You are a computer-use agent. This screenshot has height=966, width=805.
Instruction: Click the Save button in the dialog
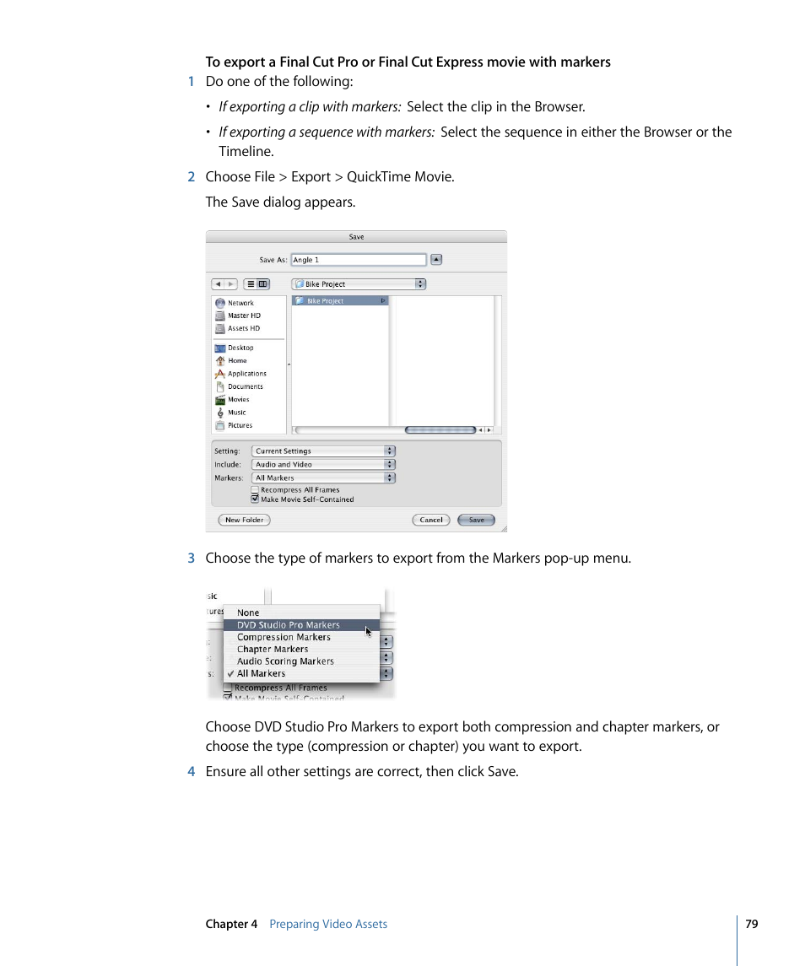(476, 520)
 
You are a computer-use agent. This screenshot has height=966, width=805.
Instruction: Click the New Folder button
(244, 520)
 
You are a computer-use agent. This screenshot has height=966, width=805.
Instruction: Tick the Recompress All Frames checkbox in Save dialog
(255, 489)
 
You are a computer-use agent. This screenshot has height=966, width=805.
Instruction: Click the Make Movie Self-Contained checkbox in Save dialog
(255, 499)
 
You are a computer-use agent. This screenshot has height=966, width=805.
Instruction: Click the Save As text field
(359, 260)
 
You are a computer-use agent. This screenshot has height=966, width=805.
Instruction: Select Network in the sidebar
(240, 303)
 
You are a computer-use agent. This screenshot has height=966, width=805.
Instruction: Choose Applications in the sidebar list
(246, 374)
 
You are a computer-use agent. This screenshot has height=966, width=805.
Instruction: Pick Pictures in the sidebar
(240, 425)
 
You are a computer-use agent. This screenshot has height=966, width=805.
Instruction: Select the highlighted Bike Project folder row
(339, 300)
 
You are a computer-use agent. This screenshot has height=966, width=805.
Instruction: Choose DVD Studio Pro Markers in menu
(289, 625)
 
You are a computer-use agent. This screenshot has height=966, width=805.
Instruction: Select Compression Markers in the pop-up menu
(284, 637)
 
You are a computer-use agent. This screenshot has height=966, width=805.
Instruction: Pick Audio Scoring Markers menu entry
(285, 661)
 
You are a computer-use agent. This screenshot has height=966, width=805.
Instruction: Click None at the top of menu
(248, 613)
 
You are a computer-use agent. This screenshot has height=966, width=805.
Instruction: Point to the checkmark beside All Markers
(230, 673)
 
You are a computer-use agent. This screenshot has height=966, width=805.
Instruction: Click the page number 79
(752, 924)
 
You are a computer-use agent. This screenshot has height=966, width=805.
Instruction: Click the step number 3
(192, 558)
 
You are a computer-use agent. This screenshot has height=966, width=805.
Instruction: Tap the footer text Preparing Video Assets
(328, 924)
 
